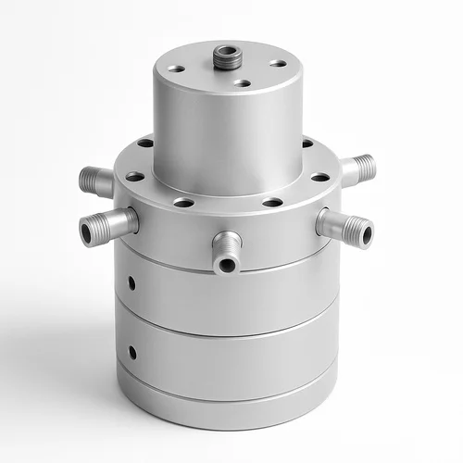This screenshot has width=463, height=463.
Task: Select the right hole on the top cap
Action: (x=278, y=64)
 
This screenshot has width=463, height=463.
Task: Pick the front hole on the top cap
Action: (x=242, y=83)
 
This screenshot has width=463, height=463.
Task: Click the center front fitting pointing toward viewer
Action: (x=226, y=252)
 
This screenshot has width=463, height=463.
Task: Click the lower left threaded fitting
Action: (x=107, y=225)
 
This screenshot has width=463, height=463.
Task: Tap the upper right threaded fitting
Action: (x=357, y=169)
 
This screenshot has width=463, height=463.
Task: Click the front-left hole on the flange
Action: (x=183, y=202)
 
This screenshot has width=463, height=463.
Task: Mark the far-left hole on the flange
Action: (x=134, y=176)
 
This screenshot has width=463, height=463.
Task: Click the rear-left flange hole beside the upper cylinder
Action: (x=145, y=144)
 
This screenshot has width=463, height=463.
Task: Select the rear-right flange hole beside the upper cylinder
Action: (x=307, y=144)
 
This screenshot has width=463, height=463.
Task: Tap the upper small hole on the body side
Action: (x=132, y=282)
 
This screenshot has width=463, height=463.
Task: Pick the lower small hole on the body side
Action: (x=133, y=352)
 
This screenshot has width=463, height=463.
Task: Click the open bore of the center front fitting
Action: (x=226, y=266)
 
